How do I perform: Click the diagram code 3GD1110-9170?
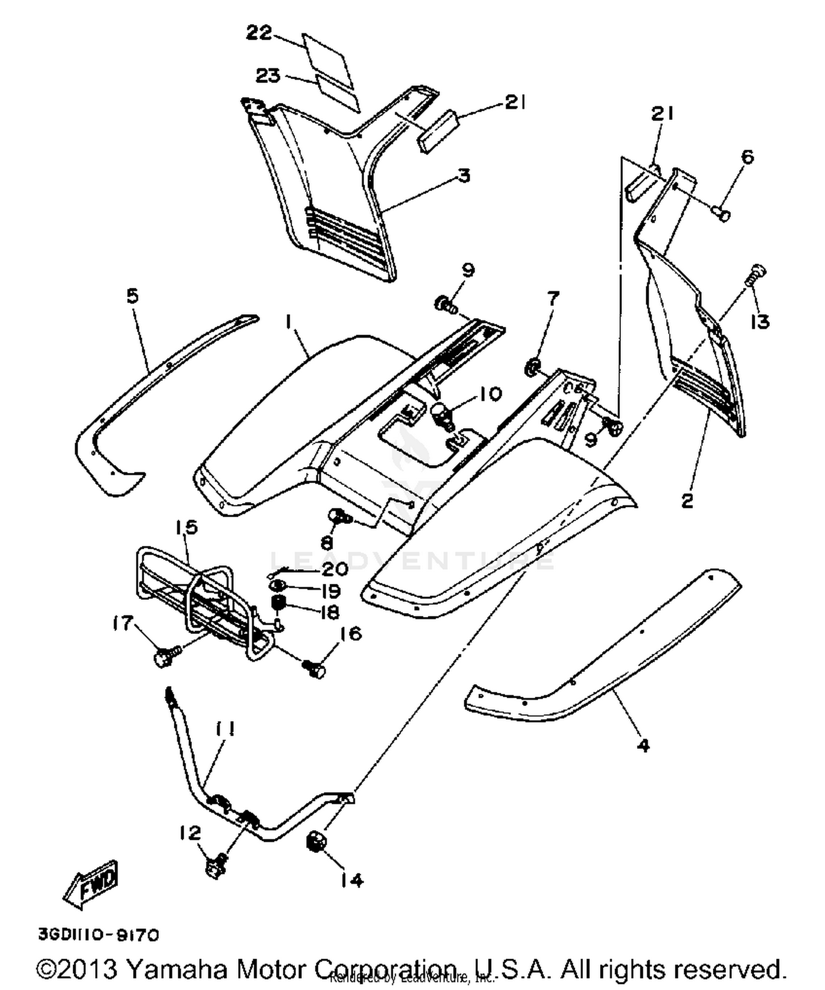pyautogui.click(x=98, y=934)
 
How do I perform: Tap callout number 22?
pyautogui.click(x=259, y=34)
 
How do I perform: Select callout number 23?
pyautogui.click(x=269, y=75)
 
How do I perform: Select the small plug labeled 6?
pyautogui.click(x=722, y=214)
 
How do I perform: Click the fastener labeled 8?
pyautogui.click(x=337, y=517)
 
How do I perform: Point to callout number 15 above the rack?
pyautogui.click(x=186, y=527)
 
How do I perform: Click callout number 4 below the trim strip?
pyautogui.click(x=642, y=746)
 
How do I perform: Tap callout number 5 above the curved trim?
pyautogui.click(x=133, y=297)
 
